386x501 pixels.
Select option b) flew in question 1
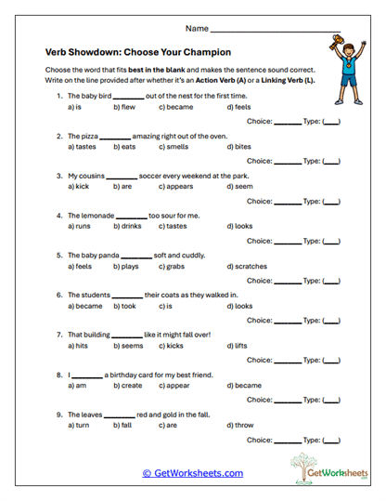click(x=123, y=107)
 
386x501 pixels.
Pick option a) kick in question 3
click(x=79, y=187)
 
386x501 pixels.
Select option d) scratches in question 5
click(x=247, y=267)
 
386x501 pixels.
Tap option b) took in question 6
click(x=124, y=306)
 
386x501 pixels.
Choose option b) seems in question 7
click(x=127, y=346)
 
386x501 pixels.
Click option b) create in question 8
click(x=128, y=386)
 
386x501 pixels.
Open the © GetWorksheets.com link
click(x=192, y=473)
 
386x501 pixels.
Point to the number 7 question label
click(x=58, y=335)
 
